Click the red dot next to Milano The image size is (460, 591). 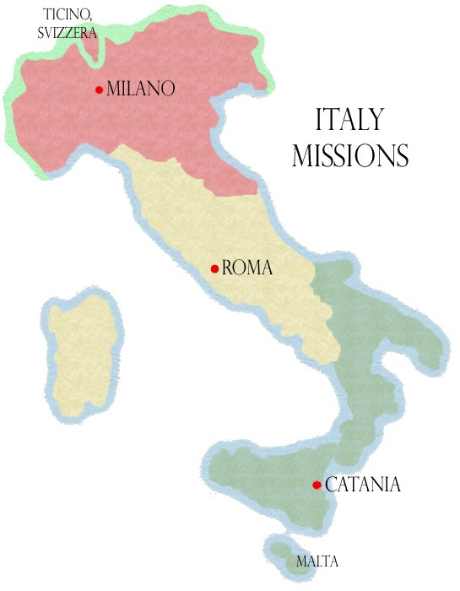click(100, 89)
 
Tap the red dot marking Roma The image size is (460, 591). click(215, 269)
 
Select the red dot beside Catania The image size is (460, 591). click(317, 485)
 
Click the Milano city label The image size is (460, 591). click(140, 89)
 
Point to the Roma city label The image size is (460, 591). click(247, 268)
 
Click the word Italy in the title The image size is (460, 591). click(349, 120)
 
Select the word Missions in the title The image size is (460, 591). click(350, 156)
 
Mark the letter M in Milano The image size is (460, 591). click(115, 89)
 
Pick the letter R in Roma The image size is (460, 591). click(228, 268)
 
